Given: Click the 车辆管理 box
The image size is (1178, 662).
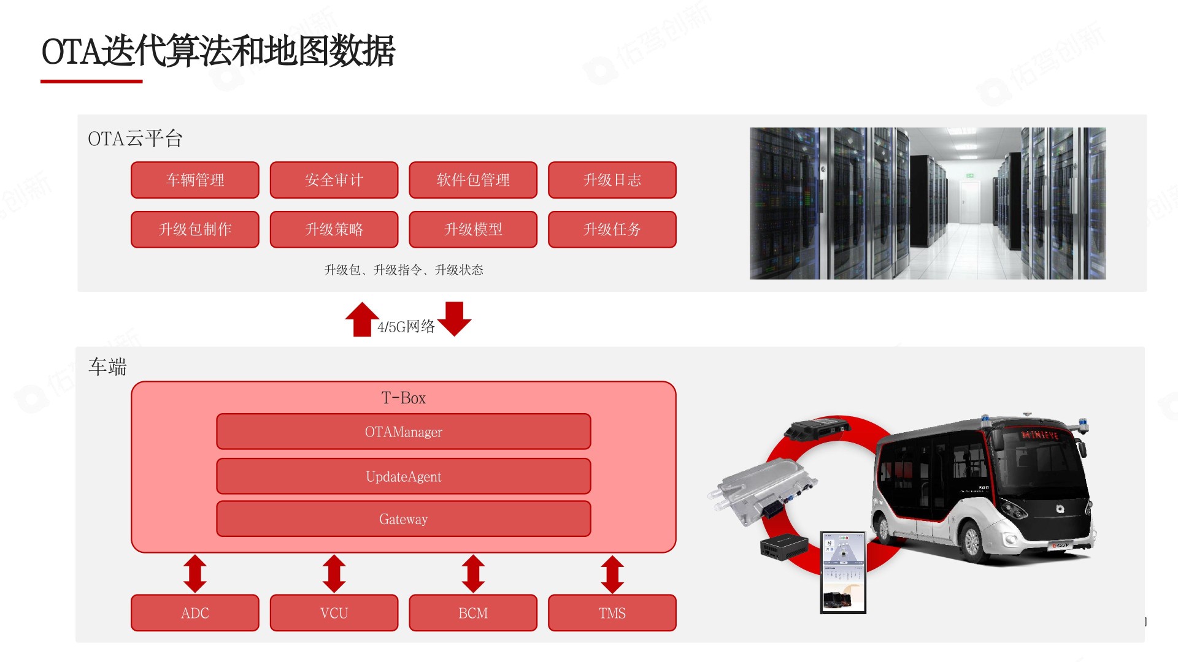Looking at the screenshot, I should [x=195, y=180].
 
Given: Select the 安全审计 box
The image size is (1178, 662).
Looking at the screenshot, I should [x=334, y=180].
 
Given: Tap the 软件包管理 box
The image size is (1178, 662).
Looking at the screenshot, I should [x=473, y=180].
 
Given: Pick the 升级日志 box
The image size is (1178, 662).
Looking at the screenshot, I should [x=612, y=180].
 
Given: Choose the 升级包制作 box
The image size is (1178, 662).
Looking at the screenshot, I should [x=195, y=230].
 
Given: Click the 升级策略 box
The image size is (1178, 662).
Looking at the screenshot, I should [x=334, y=230].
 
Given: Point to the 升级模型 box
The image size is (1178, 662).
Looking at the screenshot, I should [x=473, y=230].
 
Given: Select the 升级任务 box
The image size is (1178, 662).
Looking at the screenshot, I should [x=612, y=230].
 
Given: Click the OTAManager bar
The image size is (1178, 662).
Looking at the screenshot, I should [x=403, y=432].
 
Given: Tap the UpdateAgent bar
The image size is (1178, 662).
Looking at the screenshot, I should [x=403, y=477].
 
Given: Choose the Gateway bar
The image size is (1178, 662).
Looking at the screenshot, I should [x=403, y=519].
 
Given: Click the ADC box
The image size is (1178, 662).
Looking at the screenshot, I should [x=195, y=613].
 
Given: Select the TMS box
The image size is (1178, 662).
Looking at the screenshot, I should [x=612, y=613].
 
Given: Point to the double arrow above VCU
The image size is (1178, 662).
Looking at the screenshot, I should [x=334, y=574].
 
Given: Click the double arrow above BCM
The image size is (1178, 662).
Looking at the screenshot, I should [x=473, y=574].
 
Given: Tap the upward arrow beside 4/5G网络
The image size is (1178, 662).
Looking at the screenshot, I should [x=362, y=319].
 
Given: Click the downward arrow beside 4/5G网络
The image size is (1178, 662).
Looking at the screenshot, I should [x=455, y=319].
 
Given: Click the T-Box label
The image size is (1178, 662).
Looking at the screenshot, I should [x=403, y=398].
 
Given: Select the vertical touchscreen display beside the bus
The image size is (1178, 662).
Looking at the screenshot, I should [x=843, y=573].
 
